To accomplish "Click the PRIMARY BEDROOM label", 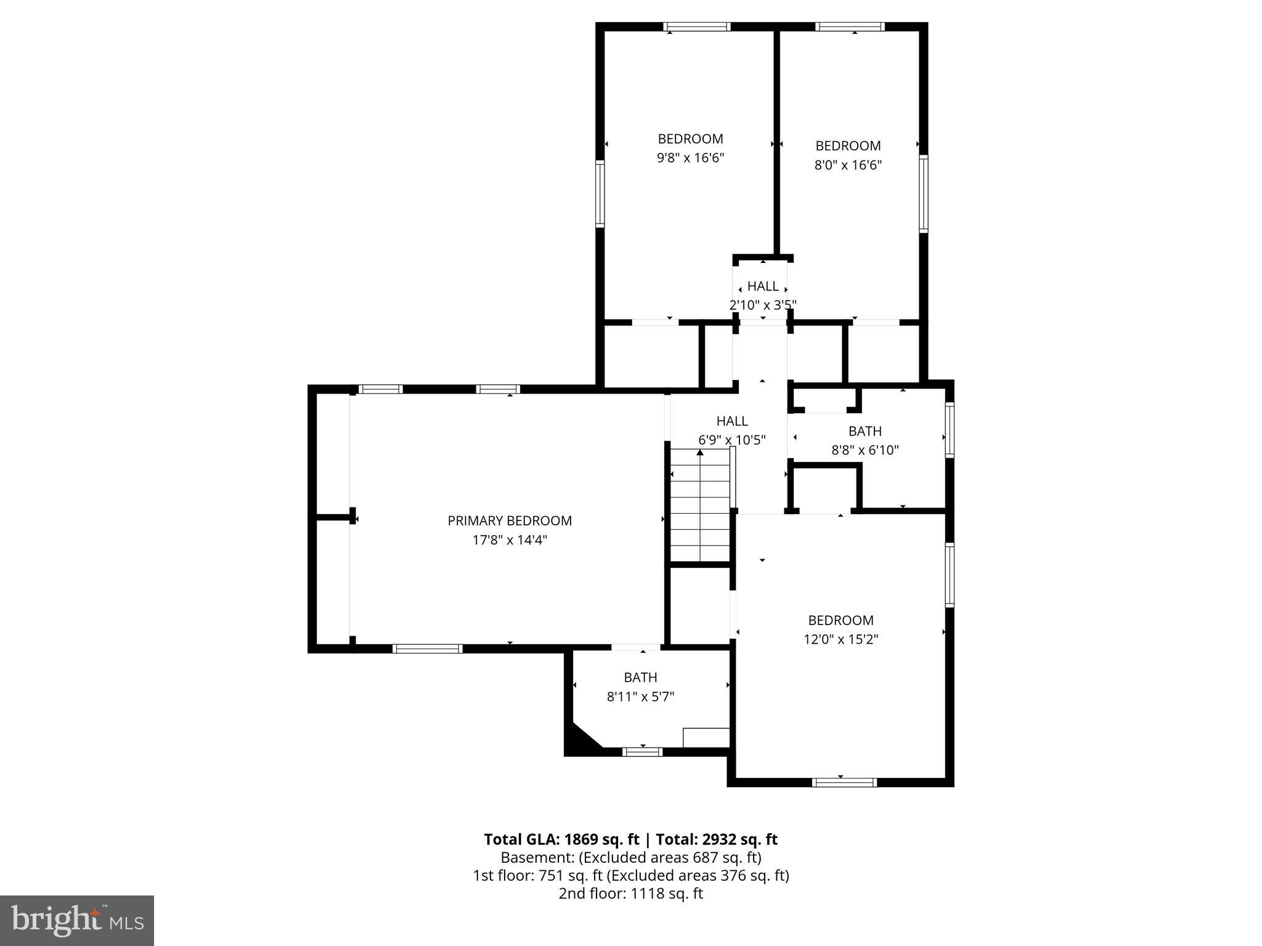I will tap(510, 521).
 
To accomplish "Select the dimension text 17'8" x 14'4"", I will tap(510, 540).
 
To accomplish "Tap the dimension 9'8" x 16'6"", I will tap(690, 158).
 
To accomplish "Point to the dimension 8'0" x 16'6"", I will tap(848, 165).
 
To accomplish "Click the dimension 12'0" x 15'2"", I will tap(841, 639).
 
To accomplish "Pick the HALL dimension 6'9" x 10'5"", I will tap(732, 440).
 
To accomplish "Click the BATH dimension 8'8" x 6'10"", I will tap(865, 450).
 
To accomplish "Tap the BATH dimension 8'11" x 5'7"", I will tap(640, 697).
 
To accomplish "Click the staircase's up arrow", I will tap(700, 453).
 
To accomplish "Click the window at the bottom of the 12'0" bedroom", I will tap(844, 782).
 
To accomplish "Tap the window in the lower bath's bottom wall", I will tap(642, 751).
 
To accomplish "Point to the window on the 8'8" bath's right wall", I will tap(950, 429).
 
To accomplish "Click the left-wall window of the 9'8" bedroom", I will tap(600, 193).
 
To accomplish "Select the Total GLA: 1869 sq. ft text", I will tap(561, 839).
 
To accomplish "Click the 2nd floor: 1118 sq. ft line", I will tap(630, 894).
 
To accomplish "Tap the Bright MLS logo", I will tap(77, 920).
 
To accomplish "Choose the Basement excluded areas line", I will tap(630, 857).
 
